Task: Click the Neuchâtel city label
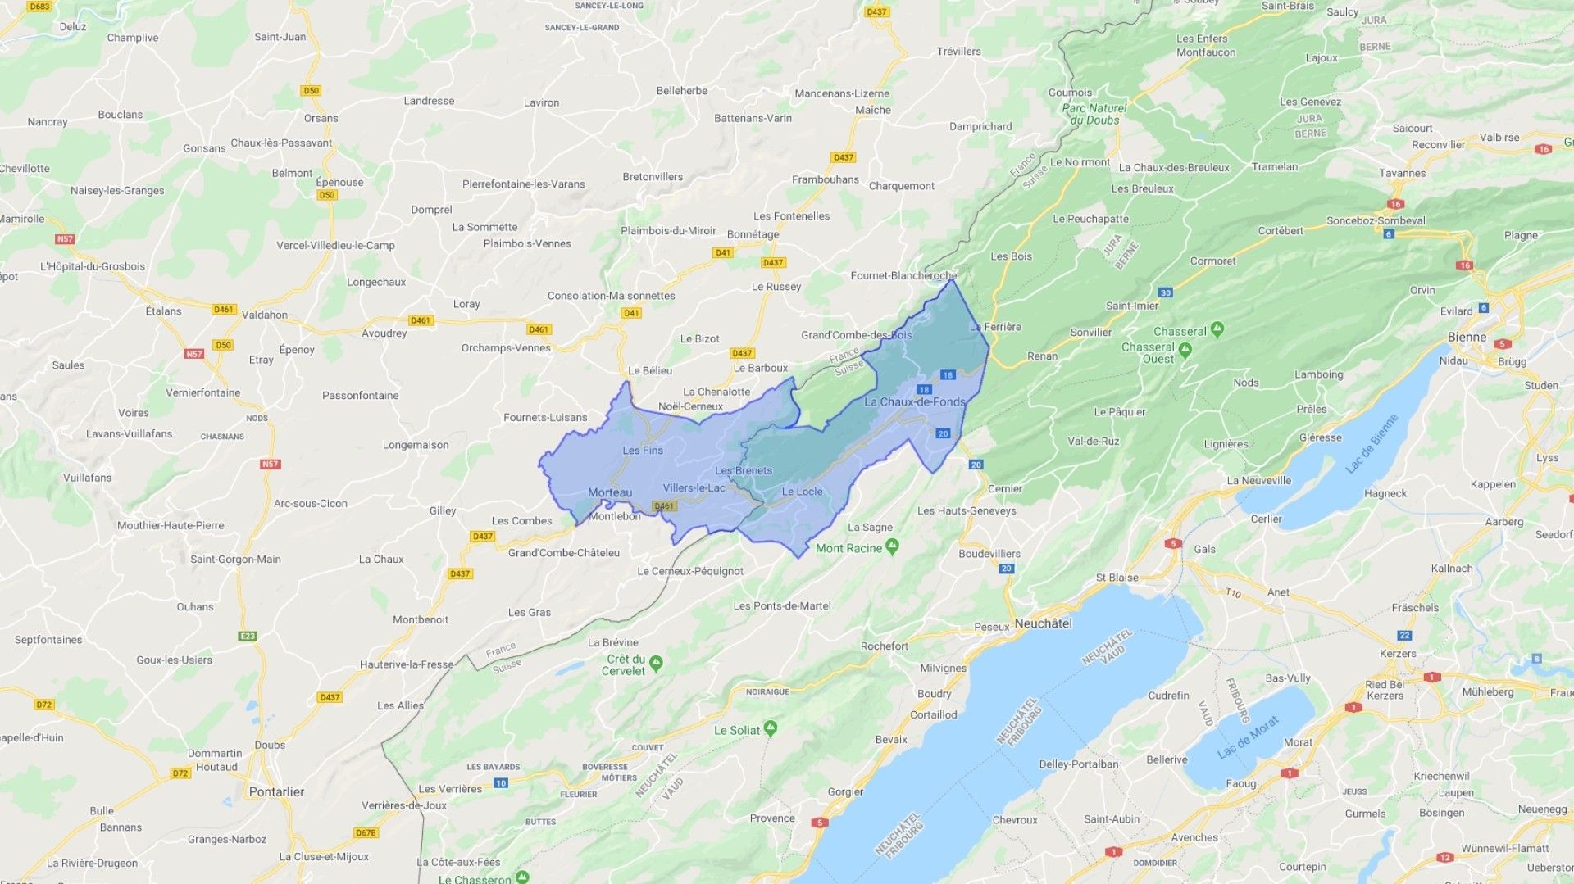(x=1043, y=623)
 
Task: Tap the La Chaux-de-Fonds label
(x=914, y=402)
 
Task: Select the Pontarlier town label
(x=276, y=792)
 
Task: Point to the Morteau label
(x=610, y=492)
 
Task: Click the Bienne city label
(x=1467, y=338)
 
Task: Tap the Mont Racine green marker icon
(x=893, y=546)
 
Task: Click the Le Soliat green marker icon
(x=770, y=728)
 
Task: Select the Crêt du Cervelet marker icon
(x=656, y=662)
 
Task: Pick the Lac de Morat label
(x=1248, y=737)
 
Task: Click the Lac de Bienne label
(x=1372, y=444)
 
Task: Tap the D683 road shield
(x=39, y=7)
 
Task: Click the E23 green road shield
(x=248, y=636)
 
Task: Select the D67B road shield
(x=366, y=832)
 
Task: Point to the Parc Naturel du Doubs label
(x=1094, y=114)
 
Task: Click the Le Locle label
(x=802, y=492)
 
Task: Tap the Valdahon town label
(x=265, y=315)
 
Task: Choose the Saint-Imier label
(x=1131, y=306)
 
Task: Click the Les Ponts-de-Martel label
(x=781, y=606)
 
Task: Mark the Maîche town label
(x=873, y=110)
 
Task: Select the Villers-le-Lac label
(x=694, y=488)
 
